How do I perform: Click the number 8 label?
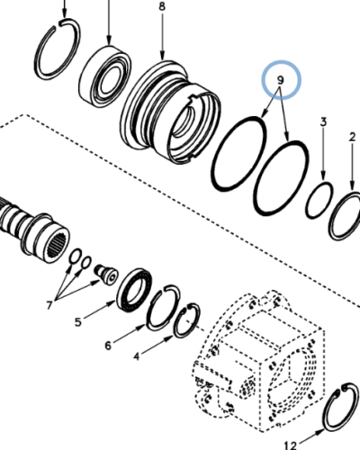pyautogui.click(x=162, y=6)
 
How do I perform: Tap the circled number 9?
pyautogui.click(x=281, y=81)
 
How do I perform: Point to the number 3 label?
pyautogui.click(x=323, y=121)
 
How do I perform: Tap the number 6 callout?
pyautogui.click(x=109, y=344)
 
